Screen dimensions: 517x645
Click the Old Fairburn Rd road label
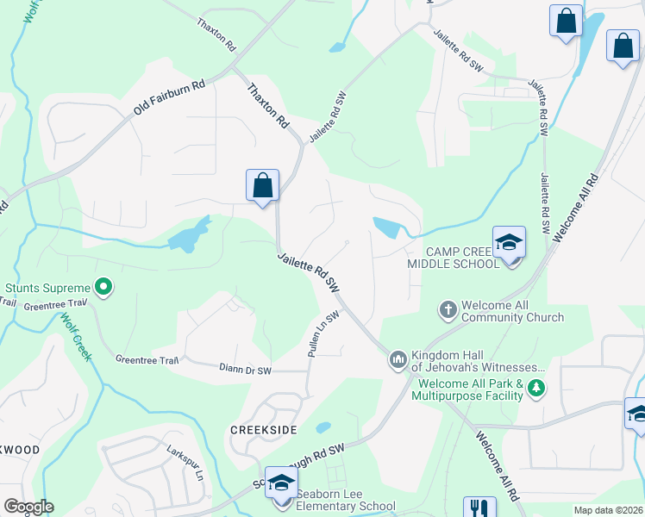(x=168, y=99)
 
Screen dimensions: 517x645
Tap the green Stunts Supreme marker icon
(x=103, y=287)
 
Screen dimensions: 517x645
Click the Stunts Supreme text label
(x=47, y=288)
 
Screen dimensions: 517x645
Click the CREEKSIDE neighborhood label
(x=264, y=429)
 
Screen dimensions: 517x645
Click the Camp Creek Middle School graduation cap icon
(x=509, y=242)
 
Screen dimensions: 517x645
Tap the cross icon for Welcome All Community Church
(x=448, y=308)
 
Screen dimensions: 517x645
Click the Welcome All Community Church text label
(x=512, y=311)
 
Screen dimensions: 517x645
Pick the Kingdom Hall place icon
(x=398, y=358)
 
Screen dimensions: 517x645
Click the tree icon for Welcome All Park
(x=537, y=389)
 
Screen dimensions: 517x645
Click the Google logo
(x=28, y=507)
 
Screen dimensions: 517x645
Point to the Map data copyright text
(x=607, y=510)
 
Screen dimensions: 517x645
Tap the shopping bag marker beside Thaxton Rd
(x=262, y=184)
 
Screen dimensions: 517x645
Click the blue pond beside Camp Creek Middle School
(x=387, y=227)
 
